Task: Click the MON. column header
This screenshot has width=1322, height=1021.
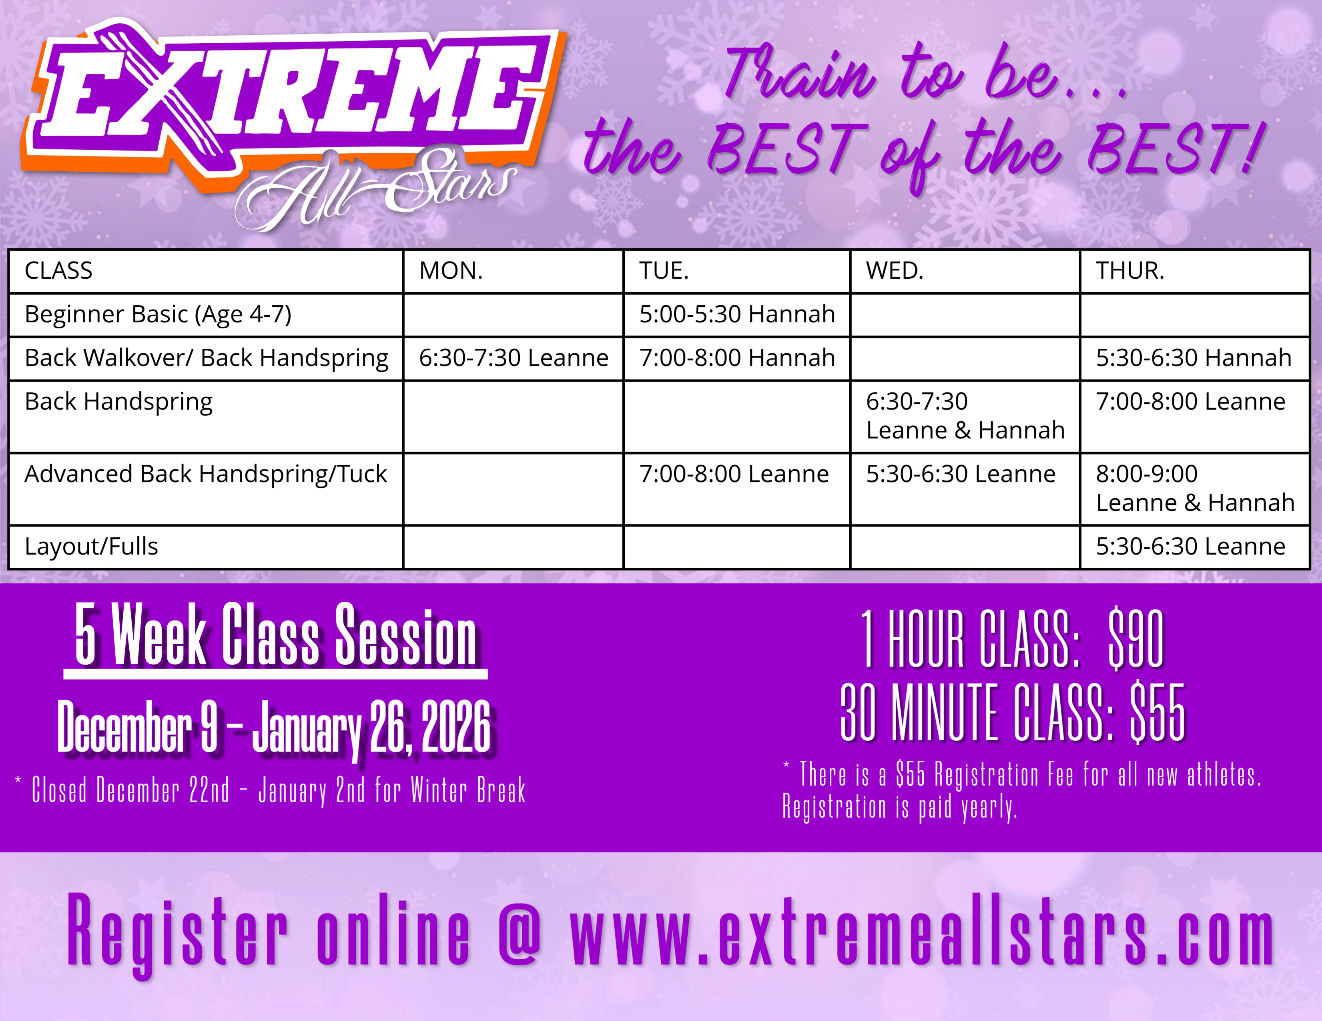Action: (451, 271)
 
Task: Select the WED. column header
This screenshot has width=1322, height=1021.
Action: (895, 271)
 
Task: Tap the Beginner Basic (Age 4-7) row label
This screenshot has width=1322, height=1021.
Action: (158, 315)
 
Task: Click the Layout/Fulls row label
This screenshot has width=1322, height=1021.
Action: (91, 546)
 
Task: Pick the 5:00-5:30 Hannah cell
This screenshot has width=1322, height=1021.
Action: (737, 314)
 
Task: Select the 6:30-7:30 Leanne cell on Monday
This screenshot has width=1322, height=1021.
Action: (513, 358)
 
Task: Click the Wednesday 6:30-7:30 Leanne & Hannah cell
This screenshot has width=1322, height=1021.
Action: (965, 416)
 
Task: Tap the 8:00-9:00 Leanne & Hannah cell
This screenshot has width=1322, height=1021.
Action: (1195, 488)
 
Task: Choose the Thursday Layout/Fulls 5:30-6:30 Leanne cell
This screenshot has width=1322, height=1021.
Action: (1190, 546)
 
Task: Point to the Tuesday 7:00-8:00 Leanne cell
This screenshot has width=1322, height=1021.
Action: (734, 474)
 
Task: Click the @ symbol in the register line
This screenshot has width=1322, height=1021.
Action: (520, 929)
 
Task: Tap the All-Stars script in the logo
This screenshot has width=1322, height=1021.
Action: (375, 188)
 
